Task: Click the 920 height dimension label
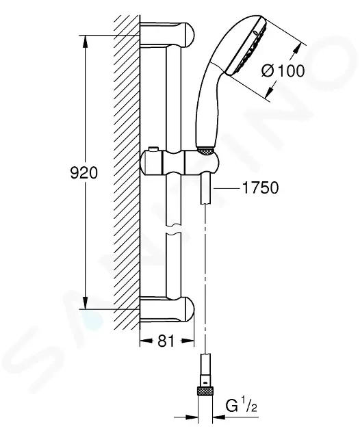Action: pyautogui.click(x=84, y=173)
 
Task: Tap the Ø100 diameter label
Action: pyautogui.click(x=283, y=71)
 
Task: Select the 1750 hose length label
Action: pyautogui.click(x=260, y=188)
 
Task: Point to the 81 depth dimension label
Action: pyautogui.click(x=166, y=341)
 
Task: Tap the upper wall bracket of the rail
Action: pyautogui.click(x=168, y=35)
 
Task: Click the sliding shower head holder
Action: pyautogui.click(x=180, y=162)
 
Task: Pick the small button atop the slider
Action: pyautogui.click(x=153, y=149)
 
